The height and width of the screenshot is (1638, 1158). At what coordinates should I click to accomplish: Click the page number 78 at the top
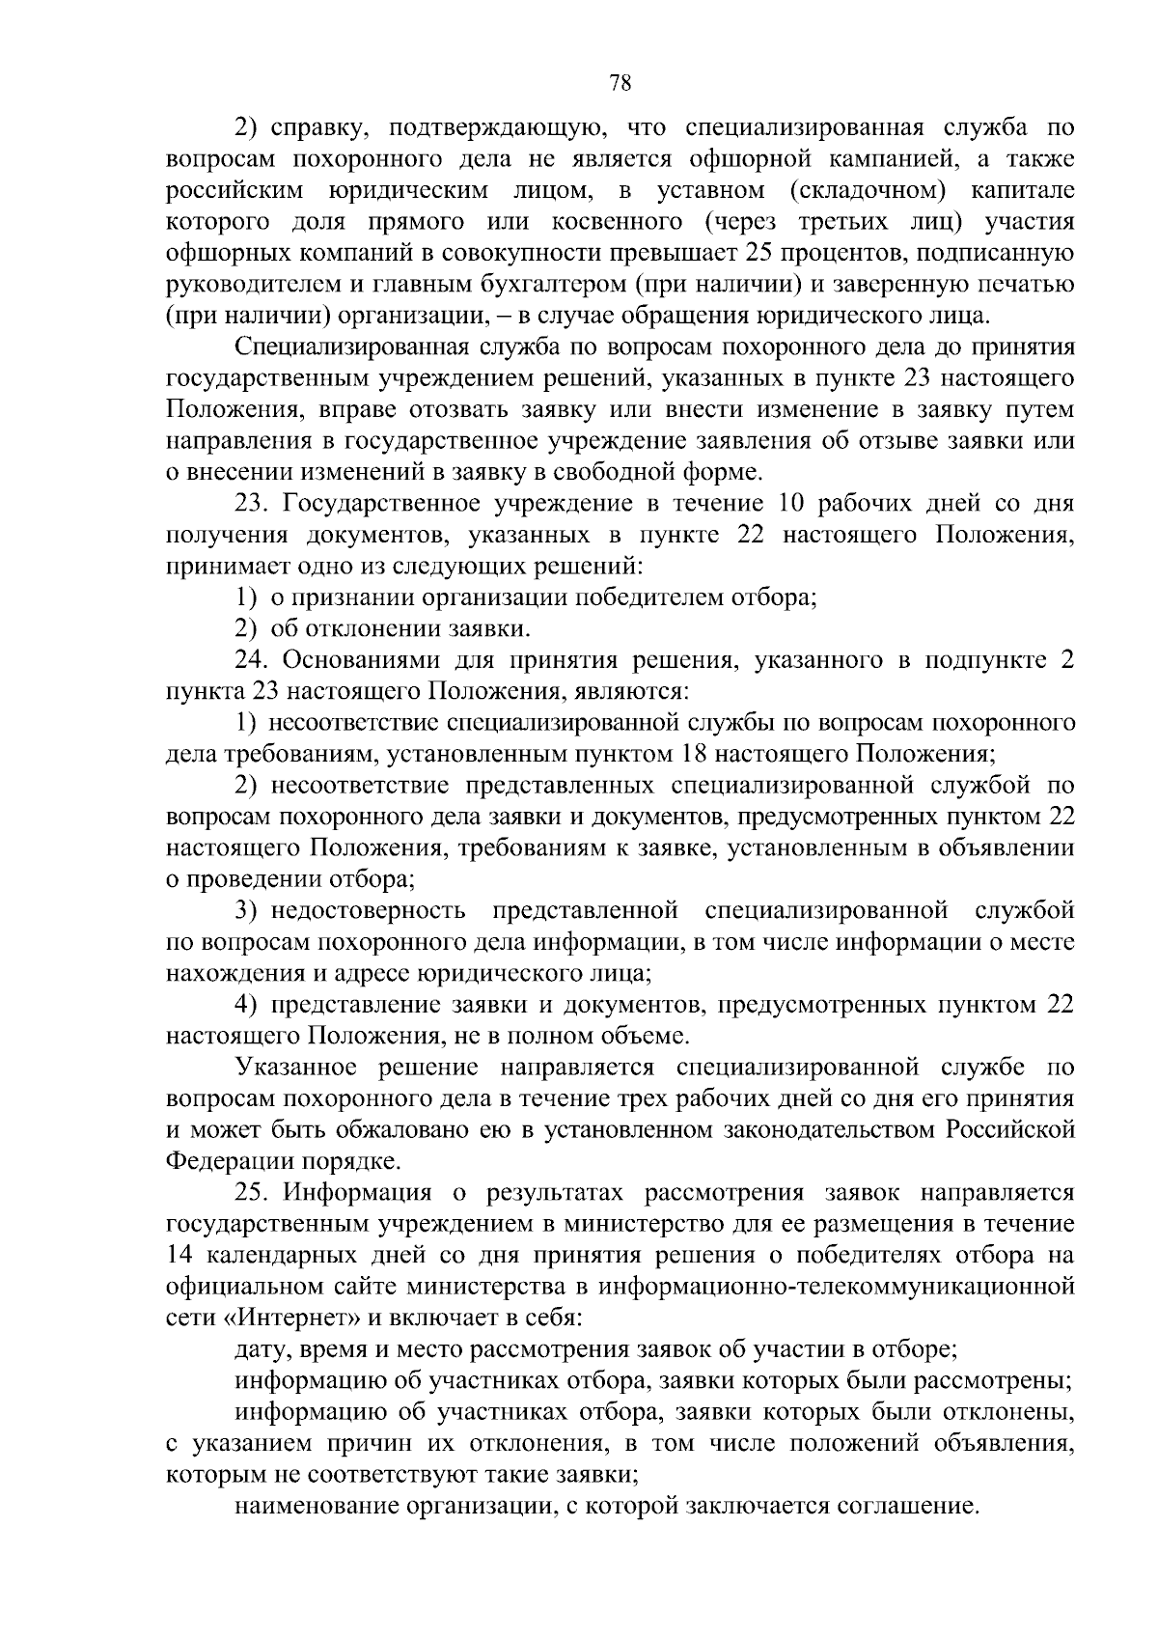point(620,83)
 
